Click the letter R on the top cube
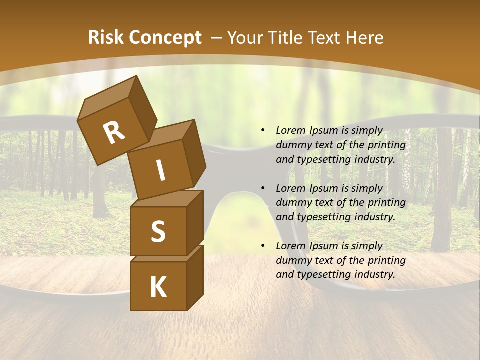(x=114, y=133)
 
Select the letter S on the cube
(x=158, y=231)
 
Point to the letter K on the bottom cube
(x=158, y=287)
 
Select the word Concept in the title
(x=164, y=38)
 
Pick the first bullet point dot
(x=263, y=131)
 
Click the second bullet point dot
(x=263, y=188)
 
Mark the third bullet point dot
(x=263, y=246)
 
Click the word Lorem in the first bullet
(x=290, y=131)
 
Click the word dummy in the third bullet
(x=292, y=260)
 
